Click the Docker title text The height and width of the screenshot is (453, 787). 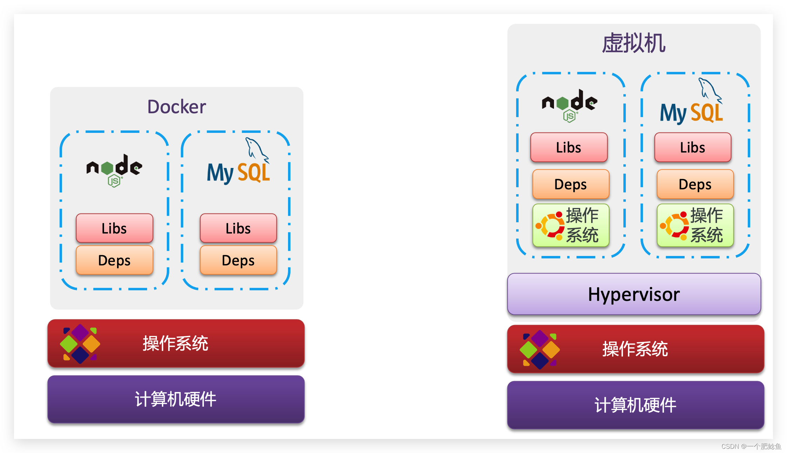[176, 107]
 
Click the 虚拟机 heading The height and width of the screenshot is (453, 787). [634, 43]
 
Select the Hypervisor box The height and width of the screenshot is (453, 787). [634, 294]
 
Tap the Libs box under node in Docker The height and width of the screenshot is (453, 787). [114, 228]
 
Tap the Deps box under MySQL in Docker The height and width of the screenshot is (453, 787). [238, 260]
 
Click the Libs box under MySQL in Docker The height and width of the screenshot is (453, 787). [238, 228]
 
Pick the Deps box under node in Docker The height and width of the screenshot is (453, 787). [114, 260]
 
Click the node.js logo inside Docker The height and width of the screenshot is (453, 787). [114, 170]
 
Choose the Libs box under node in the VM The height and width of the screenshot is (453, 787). [569, 147]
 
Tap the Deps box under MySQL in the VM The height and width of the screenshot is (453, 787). [695, 184]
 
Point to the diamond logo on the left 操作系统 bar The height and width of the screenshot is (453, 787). [80, 343]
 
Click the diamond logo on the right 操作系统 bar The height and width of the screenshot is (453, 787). [540, 349]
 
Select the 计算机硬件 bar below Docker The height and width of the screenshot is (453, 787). [176, 399]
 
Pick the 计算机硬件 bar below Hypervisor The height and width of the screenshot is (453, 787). [635, 405]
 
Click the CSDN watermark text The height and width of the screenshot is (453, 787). [751, 446]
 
